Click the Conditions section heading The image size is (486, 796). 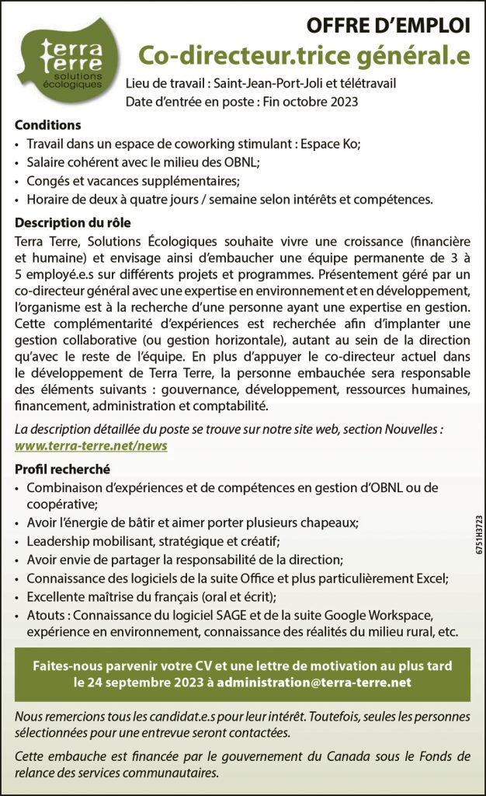click(x=47, y=125)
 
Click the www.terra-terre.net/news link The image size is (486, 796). click(x=91, y=445)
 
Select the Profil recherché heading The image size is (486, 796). click(x=62, y=470)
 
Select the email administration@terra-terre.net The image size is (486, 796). click(x=314, y=683)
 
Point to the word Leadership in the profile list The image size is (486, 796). click(x=58, y=540)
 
